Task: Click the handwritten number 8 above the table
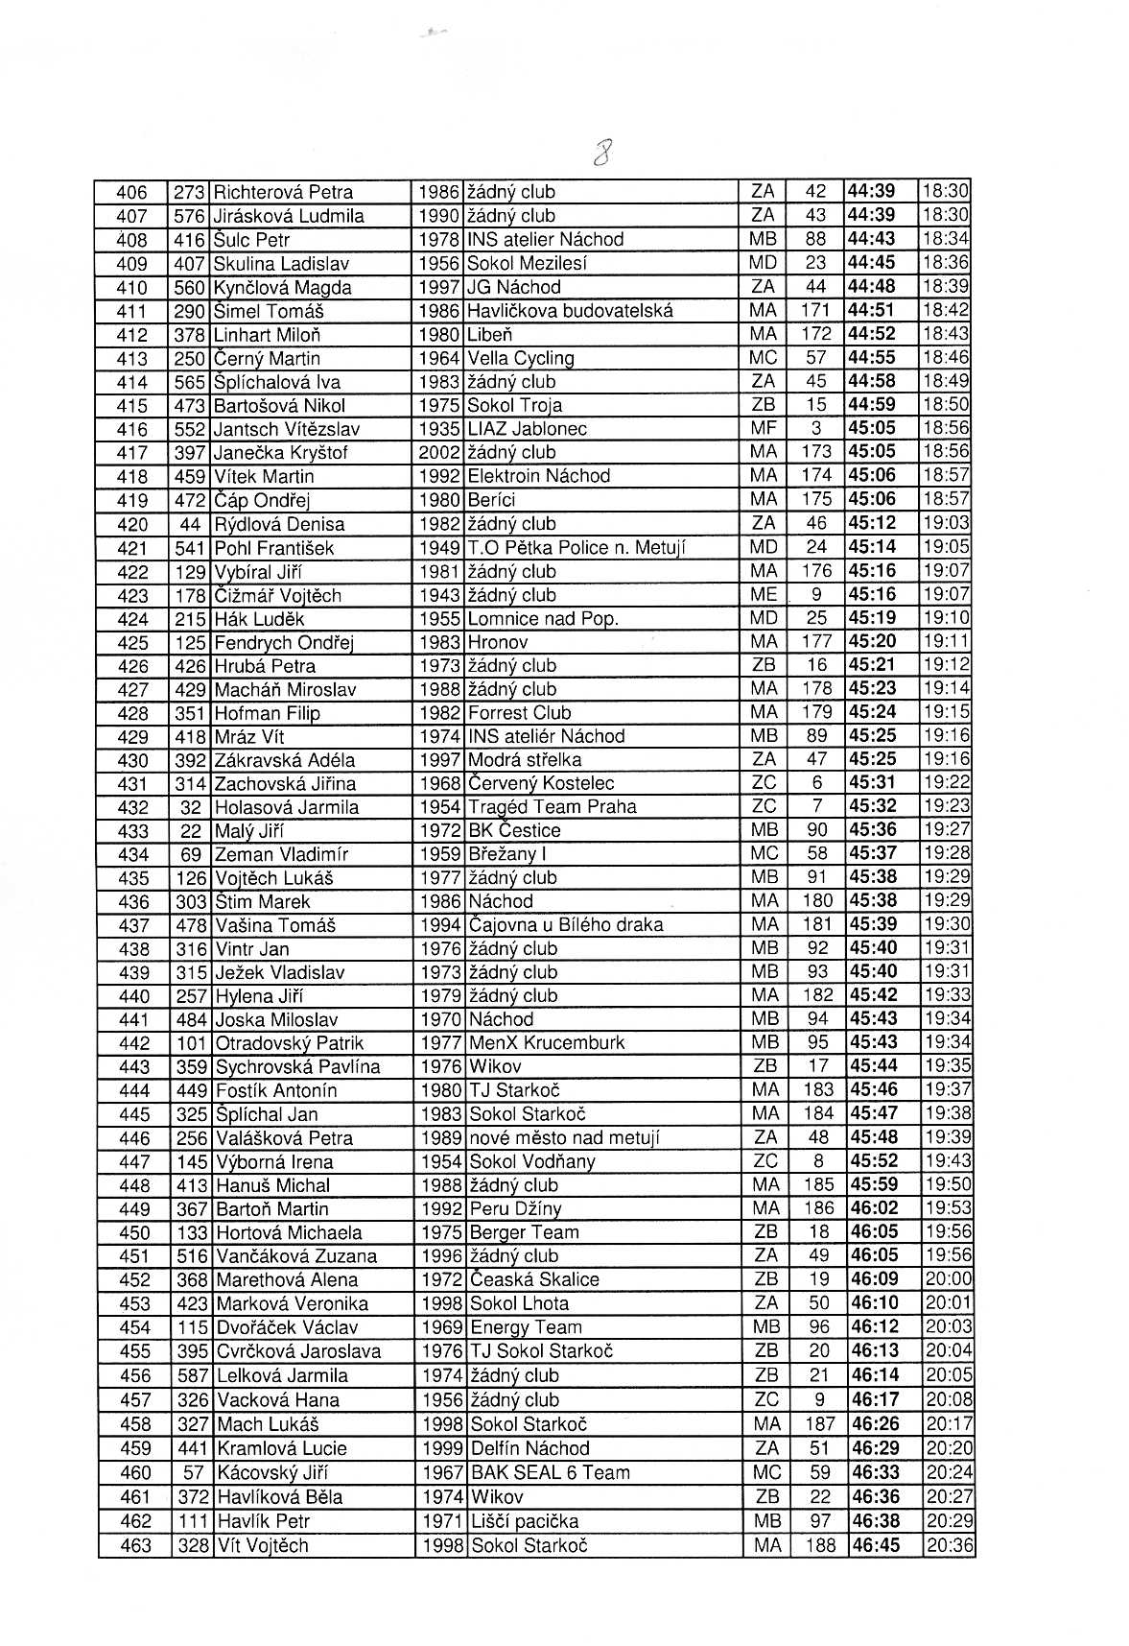[603, 151]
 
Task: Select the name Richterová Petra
[284, 192]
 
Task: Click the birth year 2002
[440, 452]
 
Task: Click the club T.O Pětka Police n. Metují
[576, 548]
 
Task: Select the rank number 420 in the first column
[132, 524]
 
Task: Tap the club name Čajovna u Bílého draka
[566, 925]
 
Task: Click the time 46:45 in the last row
[876, 1545]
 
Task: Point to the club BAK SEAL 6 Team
[551, 1472]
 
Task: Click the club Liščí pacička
[525, 1521]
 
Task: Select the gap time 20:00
[948, 1279]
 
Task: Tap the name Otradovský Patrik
[290, 1043]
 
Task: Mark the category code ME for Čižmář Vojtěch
[764, 595]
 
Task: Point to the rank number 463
[134, 1545]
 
